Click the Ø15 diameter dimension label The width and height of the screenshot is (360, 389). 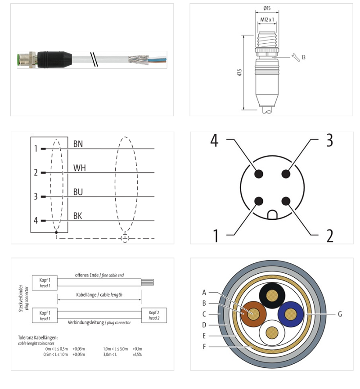(267, 8)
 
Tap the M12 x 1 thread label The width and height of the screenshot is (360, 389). (267, 20)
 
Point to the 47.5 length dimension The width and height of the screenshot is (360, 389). (239, 72)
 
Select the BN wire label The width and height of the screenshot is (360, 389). (78, 144)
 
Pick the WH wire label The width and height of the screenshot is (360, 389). (79, 168)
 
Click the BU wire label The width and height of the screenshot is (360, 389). (78, 192)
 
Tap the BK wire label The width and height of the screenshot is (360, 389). (77, 216)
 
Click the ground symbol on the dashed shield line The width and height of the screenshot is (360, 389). (125, 238)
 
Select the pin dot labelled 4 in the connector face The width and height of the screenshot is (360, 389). (259, 174)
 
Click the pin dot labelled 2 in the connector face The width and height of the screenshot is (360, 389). (286, 201)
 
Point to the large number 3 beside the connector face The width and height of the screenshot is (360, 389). (329, 140)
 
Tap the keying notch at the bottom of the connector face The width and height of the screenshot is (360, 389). (272, 215)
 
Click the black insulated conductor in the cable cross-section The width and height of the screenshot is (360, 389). (272, 295)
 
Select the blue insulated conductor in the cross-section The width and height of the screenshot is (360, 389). (291, 314)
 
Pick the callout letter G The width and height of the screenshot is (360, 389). (340, 314)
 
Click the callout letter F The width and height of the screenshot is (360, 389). (204, 347)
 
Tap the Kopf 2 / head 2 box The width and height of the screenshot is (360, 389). (154, 315)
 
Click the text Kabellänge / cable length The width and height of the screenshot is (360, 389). (99, 295)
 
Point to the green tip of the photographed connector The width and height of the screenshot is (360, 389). (18, 60)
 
